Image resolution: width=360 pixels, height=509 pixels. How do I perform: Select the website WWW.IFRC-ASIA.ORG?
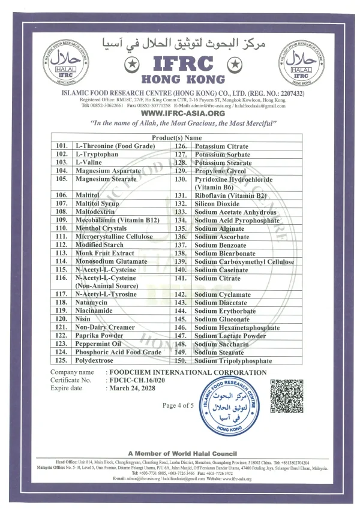pos(182,113)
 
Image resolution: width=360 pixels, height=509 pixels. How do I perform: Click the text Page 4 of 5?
pos(178,406)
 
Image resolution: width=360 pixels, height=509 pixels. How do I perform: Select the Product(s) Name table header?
pos(176,138)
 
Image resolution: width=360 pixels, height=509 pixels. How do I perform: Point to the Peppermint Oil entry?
pos(98,344)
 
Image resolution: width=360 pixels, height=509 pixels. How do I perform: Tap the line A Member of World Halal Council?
pos(182,453)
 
